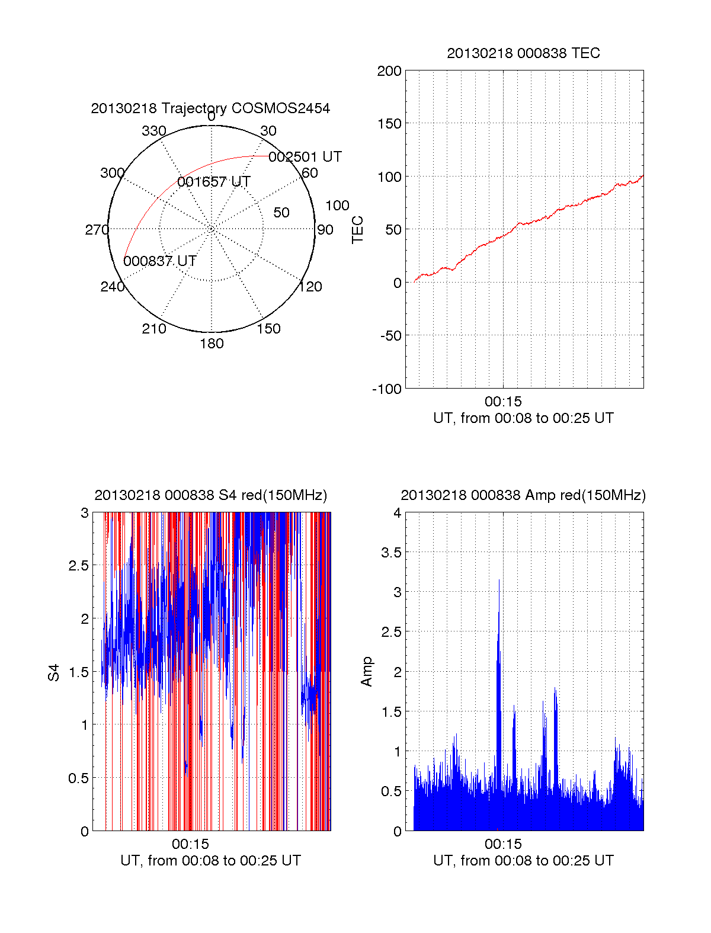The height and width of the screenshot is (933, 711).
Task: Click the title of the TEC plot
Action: coord(523,53)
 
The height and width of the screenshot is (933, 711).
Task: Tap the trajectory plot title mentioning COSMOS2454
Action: coord(210,108)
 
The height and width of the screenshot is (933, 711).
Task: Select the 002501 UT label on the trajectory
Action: coord(305,157)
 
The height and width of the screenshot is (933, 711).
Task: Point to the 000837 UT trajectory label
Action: coord(160,261)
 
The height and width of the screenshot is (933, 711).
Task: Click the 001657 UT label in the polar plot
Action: coord(214,182)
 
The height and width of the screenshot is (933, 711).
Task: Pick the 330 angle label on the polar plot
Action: coord(153,131)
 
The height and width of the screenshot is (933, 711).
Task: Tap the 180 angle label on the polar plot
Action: coord(212,344)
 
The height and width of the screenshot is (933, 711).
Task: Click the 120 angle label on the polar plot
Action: coord(310,287)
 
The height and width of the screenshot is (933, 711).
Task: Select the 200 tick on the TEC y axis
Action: coord(389,71)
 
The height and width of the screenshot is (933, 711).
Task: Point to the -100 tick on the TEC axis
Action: coord(387,389)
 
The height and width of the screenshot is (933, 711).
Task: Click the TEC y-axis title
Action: coord(357,230)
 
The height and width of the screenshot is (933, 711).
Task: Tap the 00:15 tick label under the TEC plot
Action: coord(503,402)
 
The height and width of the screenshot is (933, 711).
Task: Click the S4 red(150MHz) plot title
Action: coord(210,495)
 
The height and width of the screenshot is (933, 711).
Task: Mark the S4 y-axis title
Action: coord(54,672)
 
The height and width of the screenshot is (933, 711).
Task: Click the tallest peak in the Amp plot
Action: coord(499,581)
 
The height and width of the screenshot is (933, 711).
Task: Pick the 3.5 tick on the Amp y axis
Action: coord(390,553)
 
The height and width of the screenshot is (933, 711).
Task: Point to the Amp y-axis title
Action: coord(367,672)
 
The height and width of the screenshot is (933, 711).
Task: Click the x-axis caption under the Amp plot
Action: coord(523,861)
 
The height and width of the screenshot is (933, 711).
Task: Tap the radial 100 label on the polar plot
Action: coord(337,206)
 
